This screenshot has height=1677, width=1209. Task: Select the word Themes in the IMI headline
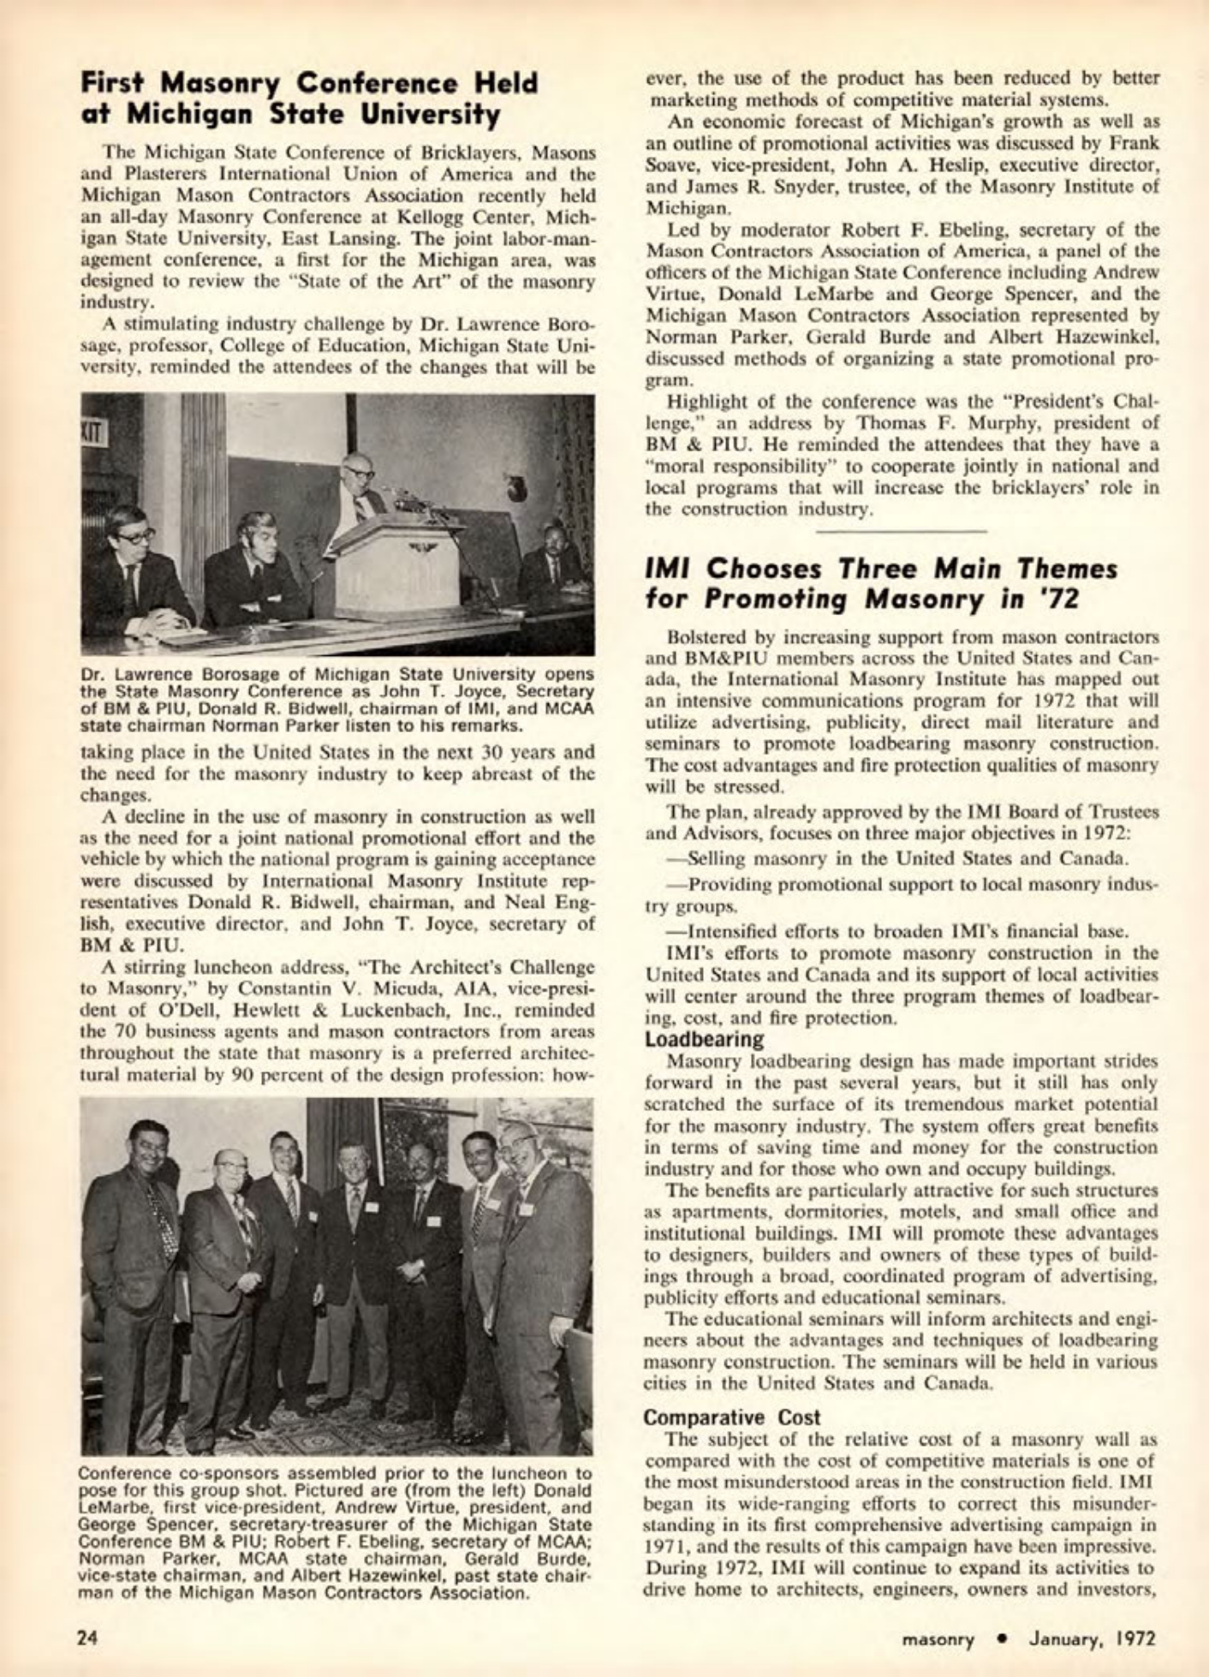[1051, 569]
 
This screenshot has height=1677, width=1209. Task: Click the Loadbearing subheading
[703, 1040]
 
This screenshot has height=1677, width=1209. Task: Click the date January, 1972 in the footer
[1092, 1639]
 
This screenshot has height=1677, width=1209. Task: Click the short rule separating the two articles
[902, 532]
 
